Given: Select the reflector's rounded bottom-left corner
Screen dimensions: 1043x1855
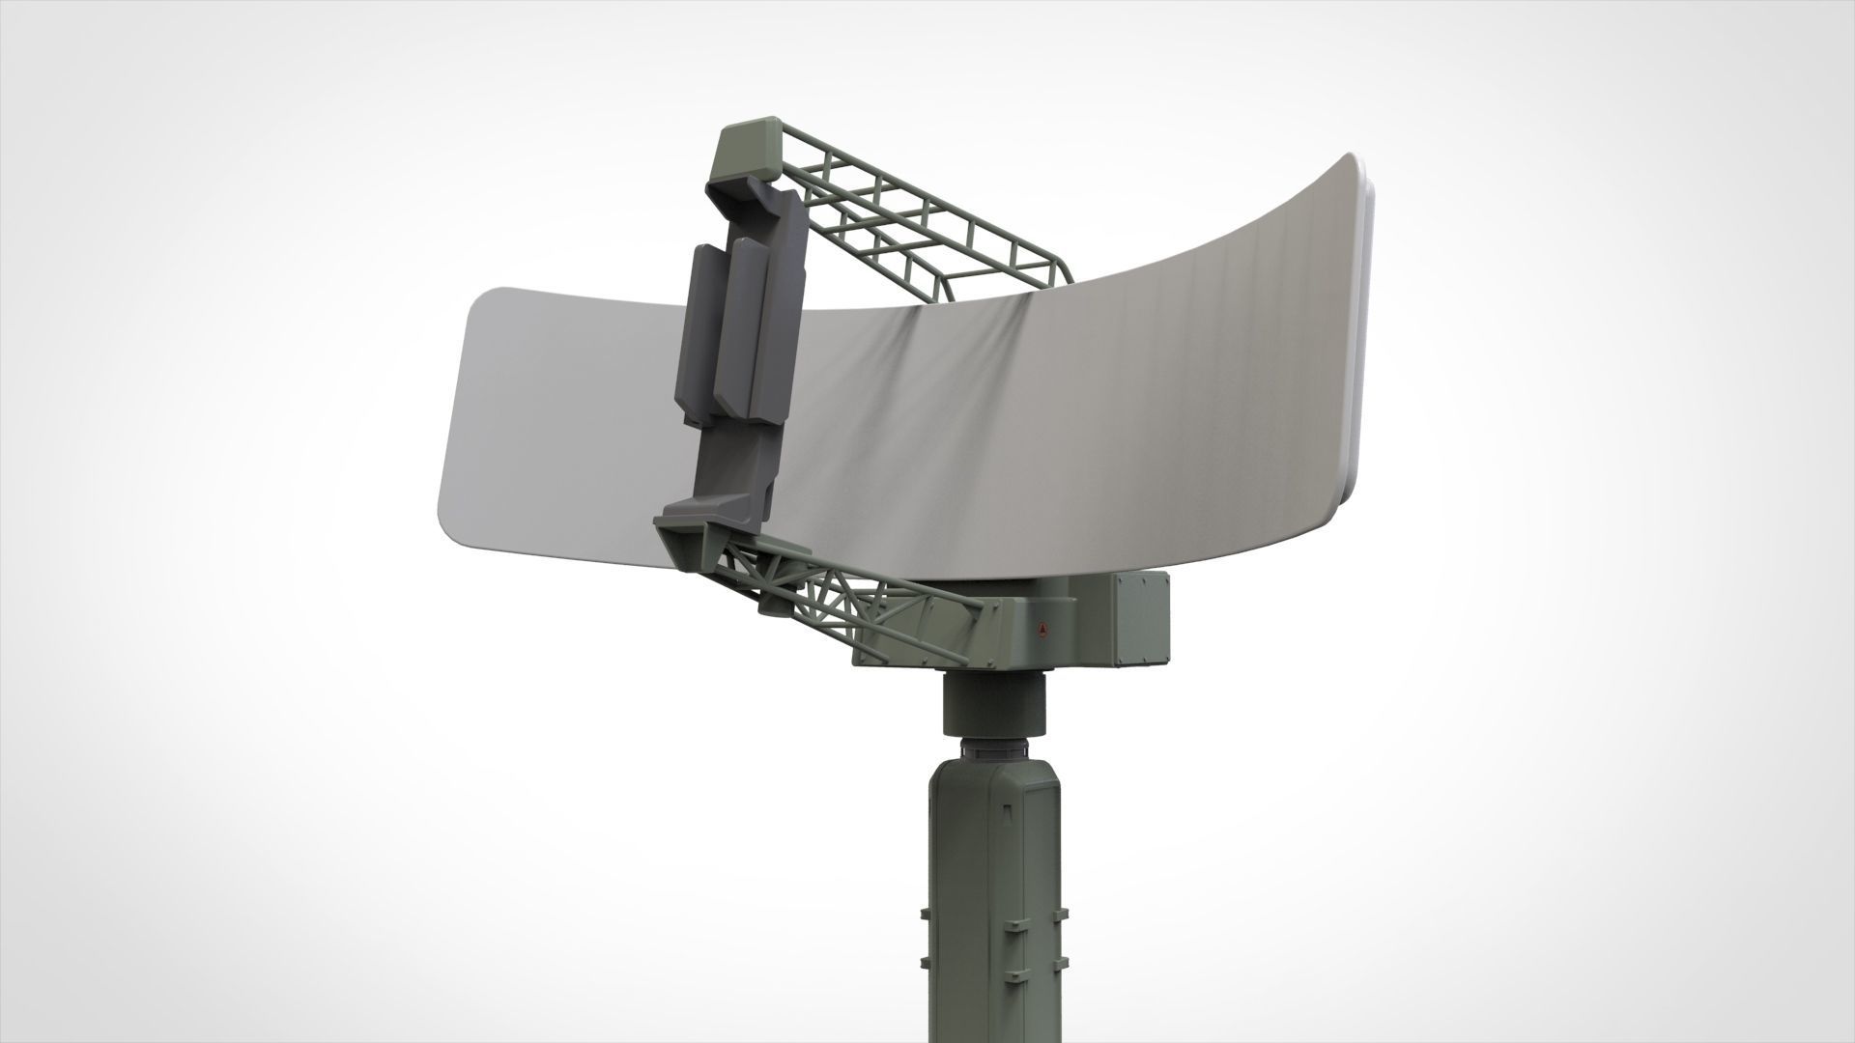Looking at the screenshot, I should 454,521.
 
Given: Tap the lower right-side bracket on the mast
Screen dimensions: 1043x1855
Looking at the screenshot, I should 1064,966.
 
